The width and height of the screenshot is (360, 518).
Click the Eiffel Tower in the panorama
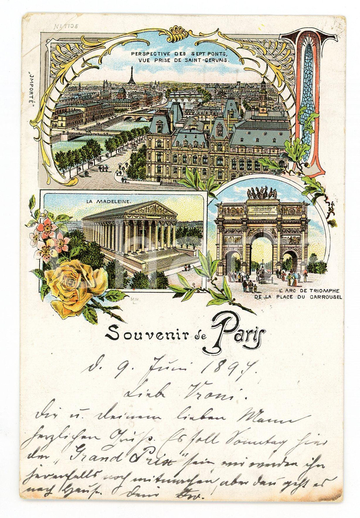coord(132,75)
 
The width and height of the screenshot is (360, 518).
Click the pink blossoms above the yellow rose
coord(50,239)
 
